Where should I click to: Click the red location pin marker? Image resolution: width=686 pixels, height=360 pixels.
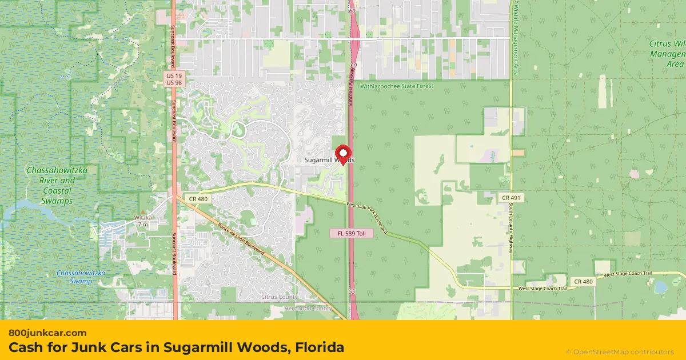343,153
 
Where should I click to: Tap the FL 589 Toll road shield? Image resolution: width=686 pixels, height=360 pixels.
351,234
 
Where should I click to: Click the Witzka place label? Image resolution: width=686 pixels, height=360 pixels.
143,218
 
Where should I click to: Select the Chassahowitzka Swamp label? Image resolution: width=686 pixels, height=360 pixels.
81,277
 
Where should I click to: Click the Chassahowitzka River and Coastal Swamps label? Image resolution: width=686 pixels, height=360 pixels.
51,186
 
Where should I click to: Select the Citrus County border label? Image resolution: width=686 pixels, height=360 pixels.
279,297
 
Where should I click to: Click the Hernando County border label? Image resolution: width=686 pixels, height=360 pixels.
308,309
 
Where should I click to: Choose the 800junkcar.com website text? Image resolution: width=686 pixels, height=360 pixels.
47,333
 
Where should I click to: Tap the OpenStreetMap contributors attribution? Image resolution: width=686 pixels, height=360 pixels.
620,351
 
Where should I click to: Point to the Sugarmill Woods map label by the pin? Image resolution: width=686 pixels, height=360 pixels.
329,161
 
